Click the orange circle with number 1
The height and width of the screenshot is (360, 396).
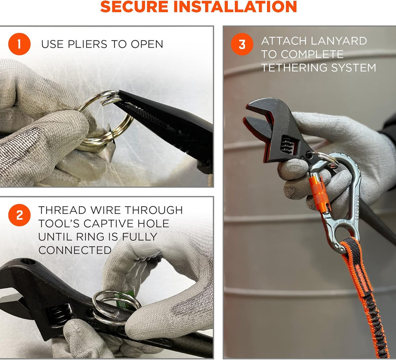click(19, 44)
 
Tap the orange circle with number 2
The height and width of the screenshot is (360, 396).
click(19, 215)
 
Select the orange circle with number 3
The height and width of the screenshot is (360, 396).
click(242, 44)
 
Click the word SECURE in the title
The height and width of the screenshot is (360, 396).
click(134, 7)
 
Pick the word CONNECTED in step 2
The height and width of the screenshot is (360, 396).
click(75, 250)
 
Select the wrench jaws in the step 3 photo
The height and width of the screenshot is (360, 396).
click(260, 119)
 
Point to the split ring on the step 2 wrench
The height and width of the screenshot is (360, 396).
click(116, 307)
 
